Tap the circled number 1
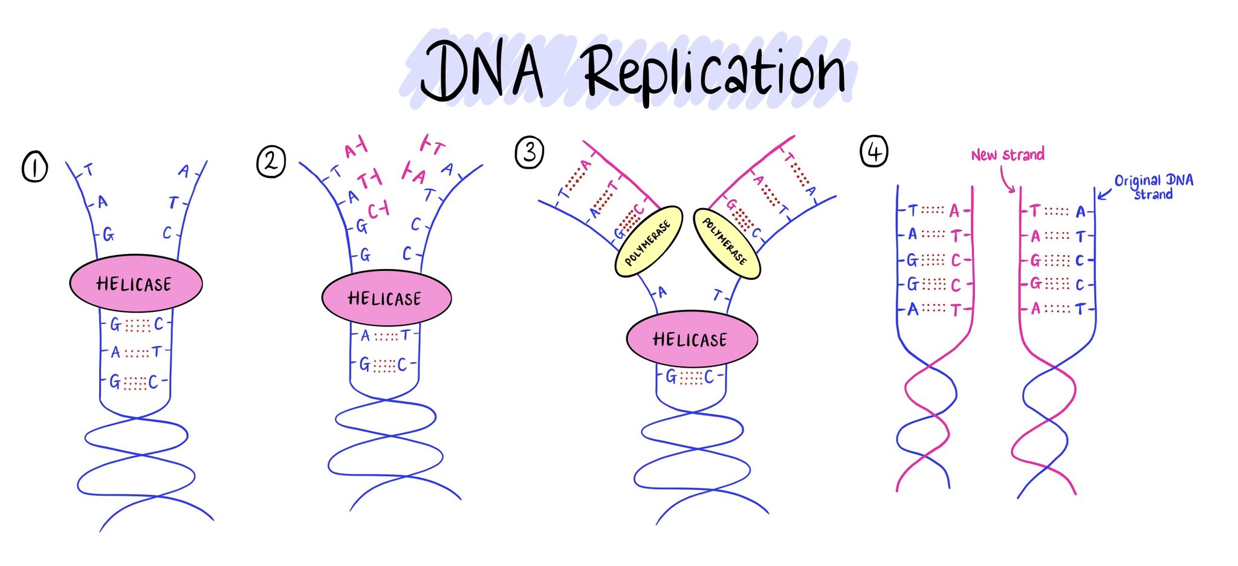coord(34,166)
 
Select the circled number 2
coord(270,161)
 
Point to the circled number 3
coord(529,152)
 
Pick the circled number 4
coord(873,151)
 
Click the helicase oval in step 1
coord(135,283)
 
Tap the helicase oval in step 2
coord(386,298)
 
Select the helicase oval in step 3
coord(691,339)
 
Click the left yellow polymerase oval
coord(648,242)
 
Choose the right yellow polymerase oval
coord(726,244)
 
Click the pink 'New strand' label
coord(1007,155)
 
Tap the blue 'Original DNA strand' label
coord(1153,186)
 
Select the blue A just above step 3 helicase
coord(663,293)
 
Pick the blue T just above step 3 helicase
coord(718,296)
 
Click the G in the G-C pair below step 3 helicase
coord(671,377)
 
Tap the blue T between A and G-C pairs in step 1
coord(157,351)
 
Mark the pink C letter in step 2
coord(374,211)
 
